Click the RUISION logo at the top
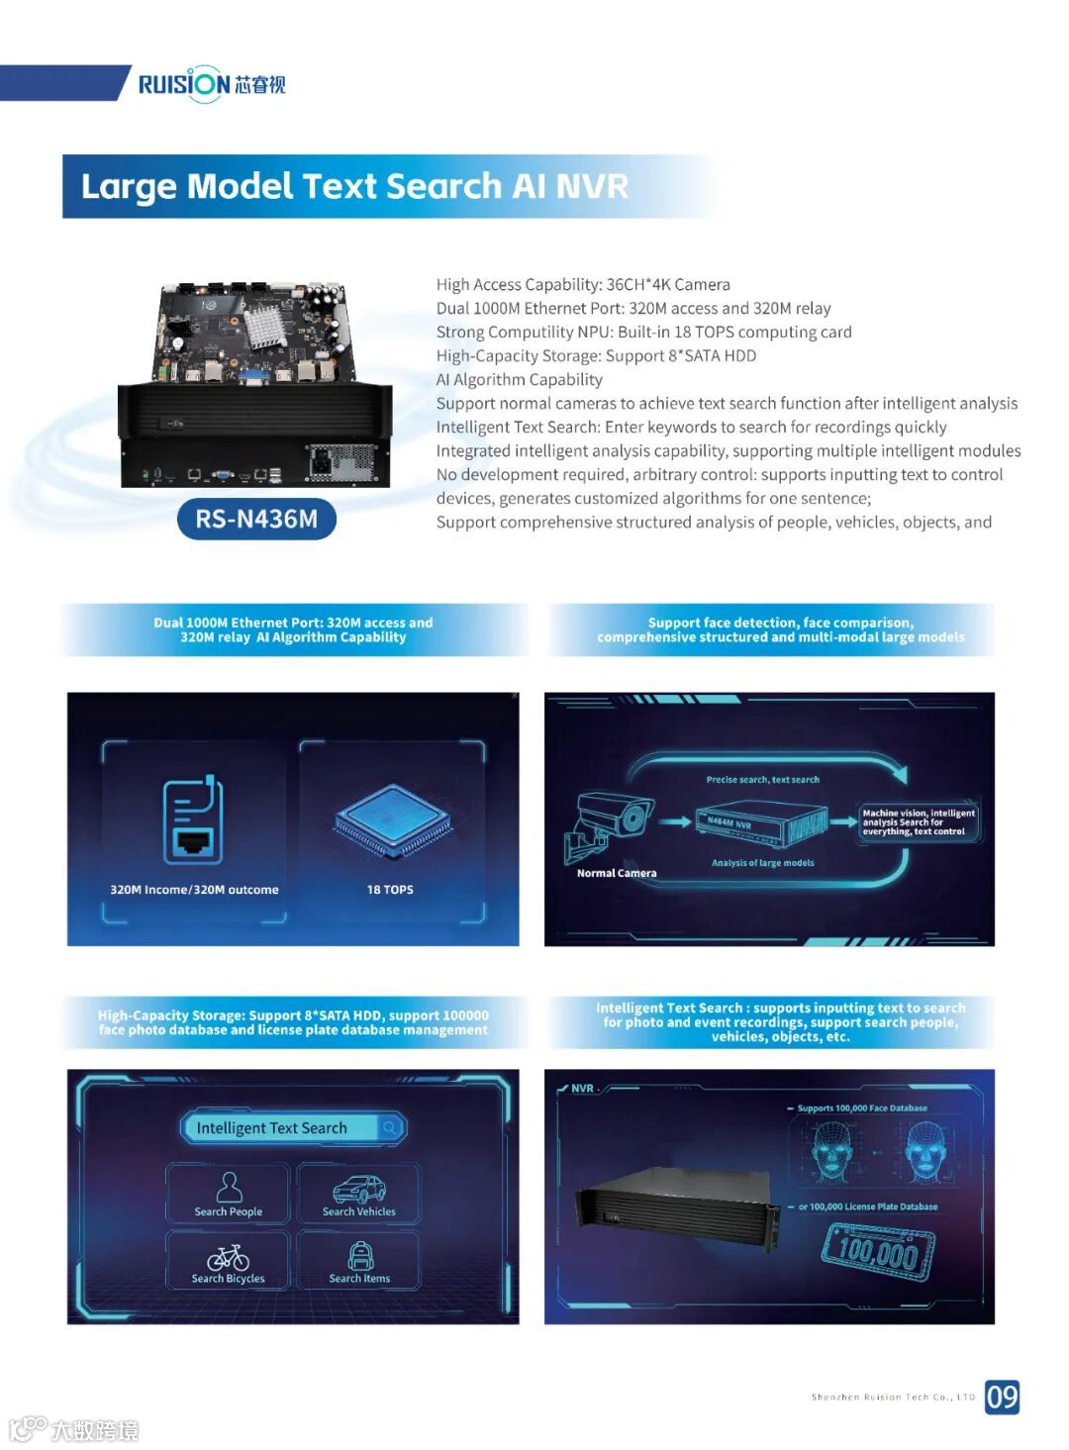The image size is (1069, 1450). pos(211,84)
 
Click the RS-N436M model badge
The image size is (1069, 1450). pos(256,519)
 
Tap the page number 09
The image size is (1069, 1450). pos(1002,1397)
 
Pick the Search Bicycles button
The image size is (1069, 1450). pos(229,1261)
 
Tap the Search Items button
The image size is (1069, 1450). pos(359,1261)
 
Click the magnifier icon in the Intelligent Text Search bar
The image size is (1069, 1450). pos(390,1127)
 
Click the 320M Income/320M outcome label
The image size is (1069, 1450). pos(194,890)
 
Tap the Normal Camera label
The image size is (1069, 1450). pos(617,873)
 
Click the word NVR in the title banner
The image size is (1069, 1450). pos(592,186)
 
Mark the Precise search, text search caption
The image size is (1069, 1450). pos(762,780)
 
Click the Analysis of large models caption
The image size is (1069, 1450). pos(762,863)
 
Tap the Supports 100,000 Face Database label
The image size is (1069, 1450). pos(862,1109)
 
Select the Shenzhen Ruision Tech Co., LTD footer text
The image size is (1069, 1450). pos(893,1398)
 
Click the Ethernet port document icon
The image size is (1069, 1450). pos(193,822)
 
